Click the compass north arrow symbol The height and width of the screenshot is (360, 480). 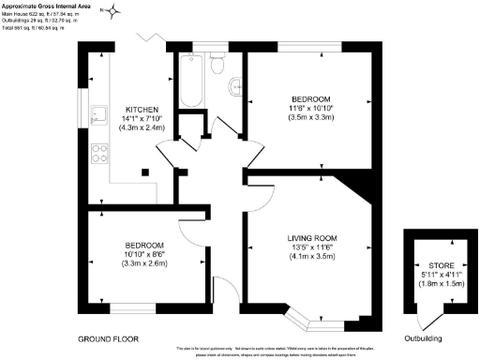click(x=115, y=12)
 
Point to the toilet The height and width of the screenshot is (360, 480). click(x=217, y=65)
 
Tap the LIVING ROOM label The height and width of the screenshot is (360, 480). click(x=313, y=238)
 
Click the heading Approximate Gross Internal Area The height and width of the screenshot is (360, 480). click(x=46, y=6)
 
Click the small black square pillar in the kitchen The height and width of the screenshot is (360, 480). click(x=146, y=171)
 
